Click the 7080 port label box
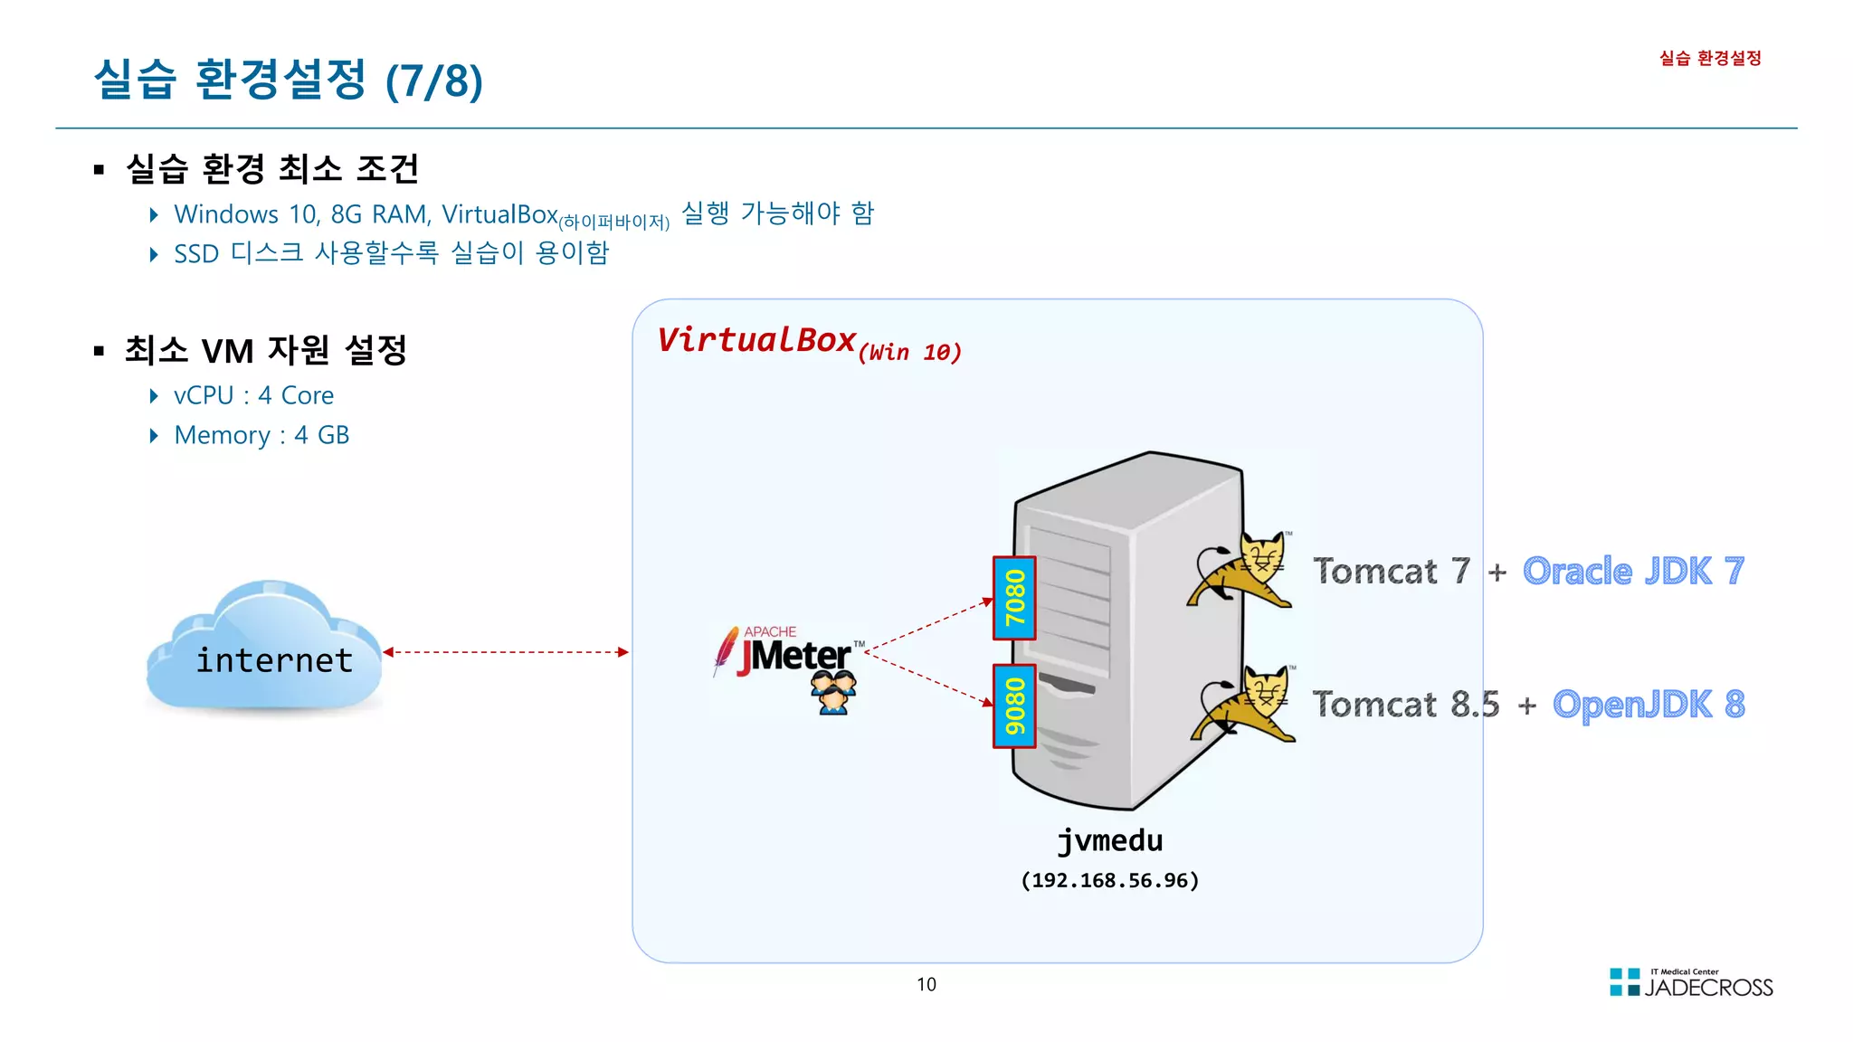click(x=1013, y=598)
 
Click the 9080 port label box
click(x=1013, y=706)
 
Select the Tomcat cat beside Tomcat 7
click(x=1241, y=570)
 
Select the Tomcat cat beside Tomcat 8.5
click(x=1244, y=704)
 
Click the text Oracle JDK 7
click(x=1632, y=571)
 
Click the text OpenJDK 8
click(x=1648, y=704)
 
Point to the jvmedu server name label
click(x=1109, y=840)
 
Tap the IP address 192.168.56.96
click(x=1109, y=880)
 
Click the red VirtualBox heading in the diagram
click(x=755, y=340)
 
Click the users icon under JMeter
click(x=832, y=693)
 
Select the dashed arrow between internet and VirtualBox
click(x=505, y=652)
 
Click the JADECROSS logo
click(x=1690, y=983)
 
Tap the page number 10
click(x=926, y=984)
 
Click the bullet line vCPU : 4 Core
click(x=253, y=395)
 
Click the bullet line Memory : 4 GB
click(x=261, y=435)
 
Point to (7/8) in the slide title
click(x=433, y=81)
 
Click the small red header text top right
click(x=1709, y=59)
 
